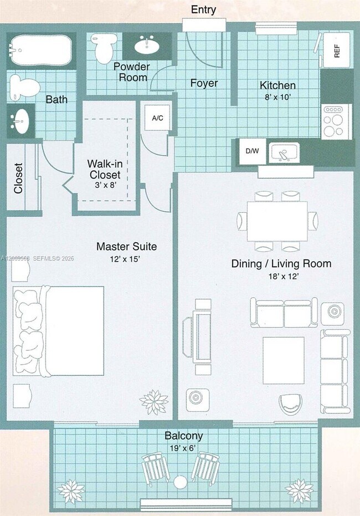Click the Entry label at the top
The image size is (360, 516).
203,9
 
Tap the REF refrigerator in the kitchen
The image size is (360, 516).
336,50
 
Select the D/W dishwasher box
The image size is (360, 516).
252,151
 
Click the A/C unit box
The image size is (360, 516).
157,118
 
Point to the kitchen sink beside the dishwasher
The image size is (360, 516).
284,153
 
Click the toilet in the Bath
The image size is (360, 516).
24,87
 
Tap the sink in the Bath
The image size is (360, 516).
20,121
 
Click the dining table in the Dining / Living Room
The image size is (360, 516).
277,221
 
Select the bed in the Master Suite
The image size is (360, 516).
59,331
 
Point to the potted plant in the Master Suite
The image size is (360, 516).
154,402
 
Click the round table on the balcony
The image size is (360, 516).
180,482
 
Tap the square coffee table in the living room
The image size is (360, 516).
284,360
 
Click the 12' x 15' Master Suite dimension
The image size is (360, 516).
125,259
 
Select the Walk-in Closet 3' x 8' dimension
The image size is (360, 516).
106,185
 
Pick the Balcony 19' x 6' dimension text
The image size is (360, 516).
183,448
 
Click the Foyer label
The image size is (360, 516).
204,83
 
